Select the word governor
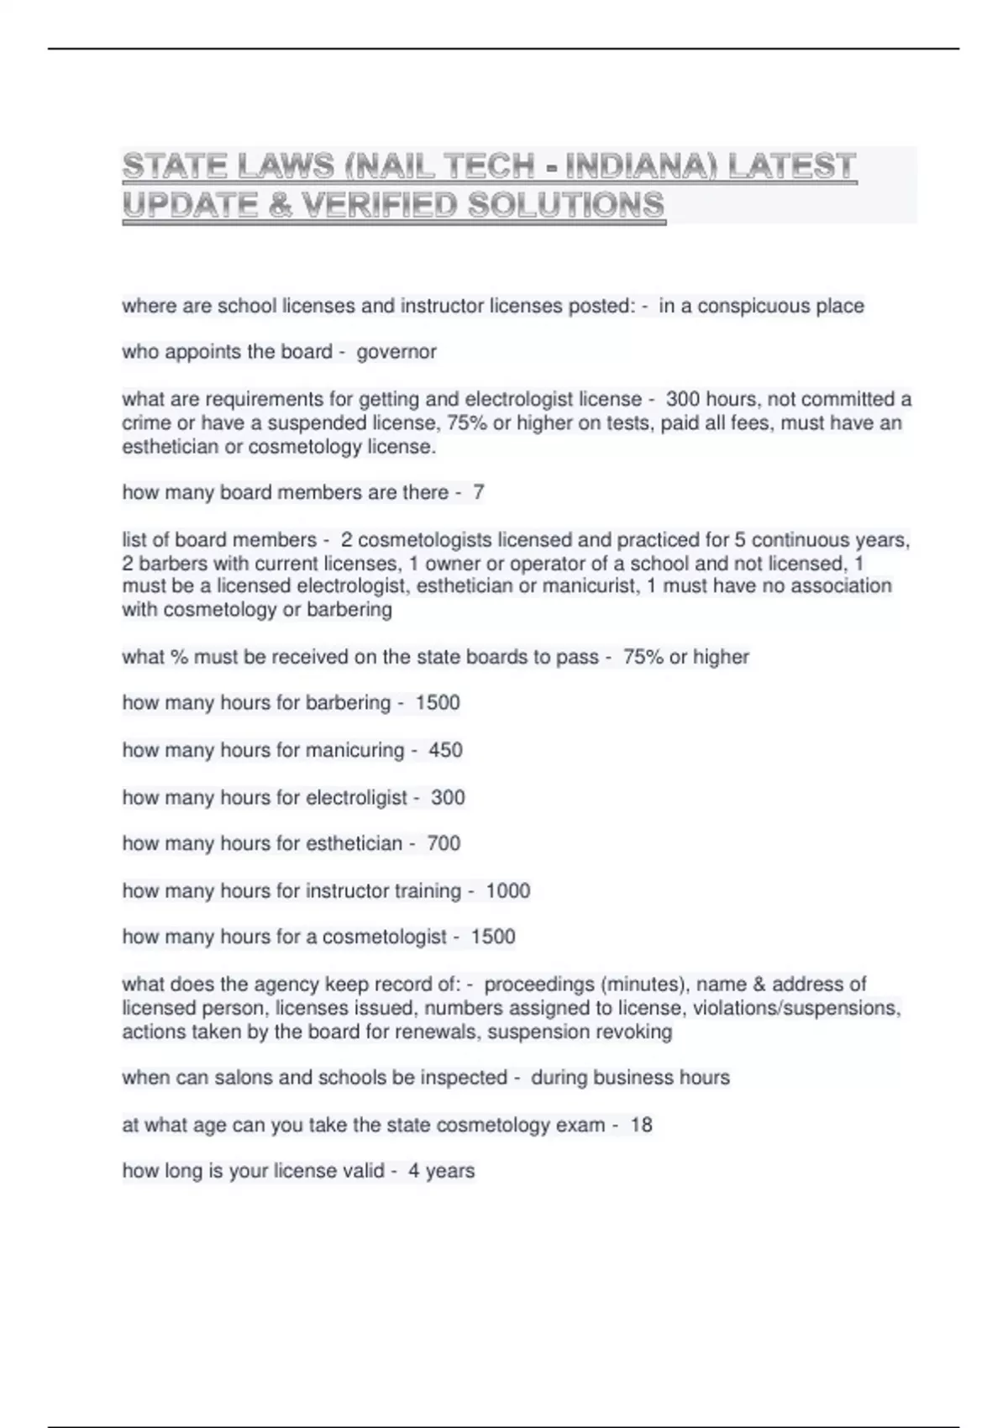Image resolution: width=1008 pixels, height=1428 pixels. [396, 352]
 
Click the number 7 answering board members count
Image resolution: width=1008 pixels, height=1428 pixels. [478, 492]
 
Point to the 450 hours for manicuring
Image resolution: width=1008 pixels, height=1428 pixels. [445, 750]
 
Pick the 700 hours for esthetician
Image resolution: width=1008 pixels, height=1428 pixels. [444, 843]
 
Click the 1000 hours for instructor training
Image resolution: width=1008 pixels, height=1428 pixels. [507, 890]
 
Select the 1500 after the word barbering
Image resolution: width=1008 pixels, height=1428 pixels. [438, 703]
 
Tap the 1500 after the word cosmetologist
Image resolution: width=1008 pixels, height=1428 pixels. [493, 937]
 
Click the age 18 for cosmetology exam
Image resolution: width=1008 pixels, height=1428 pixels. [641, 1125]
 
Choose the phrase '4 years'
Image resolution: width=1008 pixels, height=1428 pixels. [442, 1171]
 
